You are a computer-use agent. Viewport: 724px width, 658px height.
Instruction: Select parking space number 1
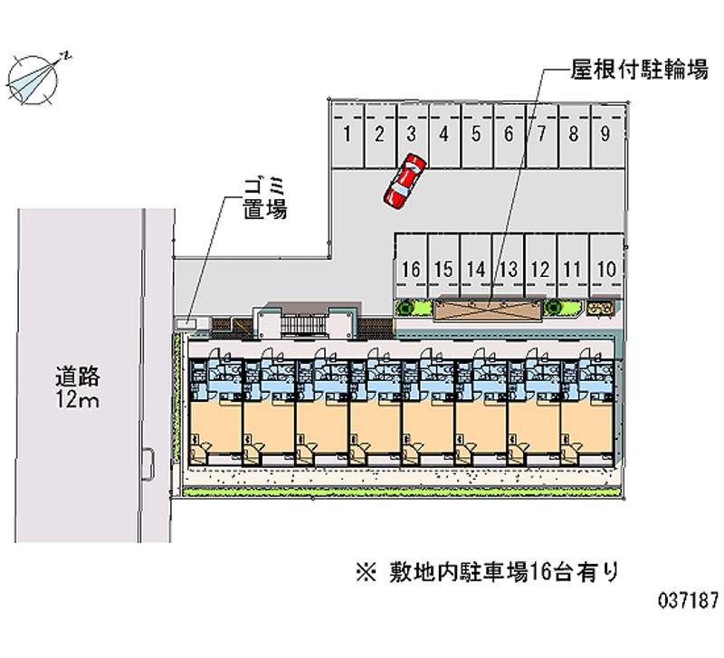(x=348, y=136)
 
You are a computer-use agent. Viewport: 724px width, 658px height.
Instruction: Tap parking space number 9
(x=606, y=136)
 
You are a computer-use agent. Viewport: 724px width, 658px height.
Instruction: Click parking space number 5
(x=477, y=136)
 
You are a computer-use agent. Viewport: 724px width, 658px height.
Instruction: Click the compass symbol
(x=33, y=80)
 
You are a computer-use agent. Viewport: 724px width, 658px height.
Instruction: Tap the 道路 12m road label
(x=77, y=388)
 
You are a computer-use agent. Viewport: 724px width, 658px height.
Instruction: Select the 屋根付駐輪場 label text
(x=640, y=70)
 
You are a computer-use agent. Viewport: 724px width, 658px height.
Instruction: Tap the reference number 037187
(x=689, y=601)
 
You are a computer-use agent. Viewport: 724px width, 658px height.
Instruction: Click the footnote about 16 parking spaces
(x=488, y=573)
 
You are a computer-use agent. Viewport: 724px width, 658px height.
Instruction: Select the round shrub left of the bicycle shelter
(x=405, y=308)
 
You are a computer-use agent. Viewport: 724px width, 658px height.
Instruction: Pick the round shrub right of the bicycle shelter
(x=553, y=307)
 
